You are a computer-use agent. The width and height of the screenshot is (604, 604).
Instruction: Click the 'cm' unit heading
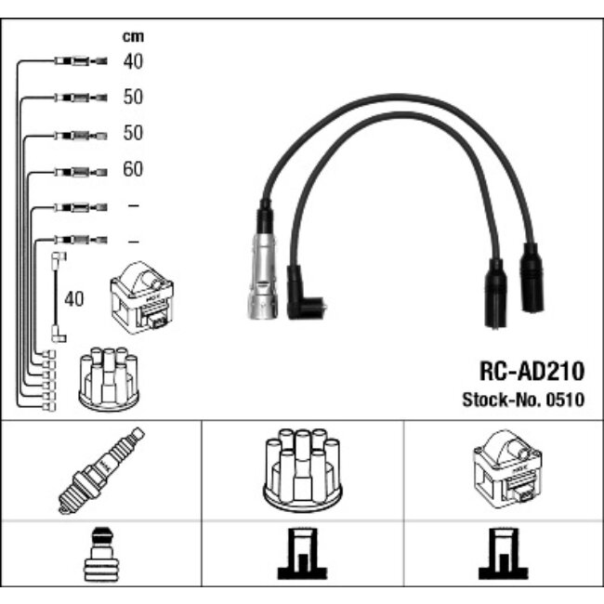pos(133,37)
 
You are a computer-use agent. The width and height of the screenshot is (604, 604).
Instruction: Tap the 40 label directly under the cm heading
pos(133,61)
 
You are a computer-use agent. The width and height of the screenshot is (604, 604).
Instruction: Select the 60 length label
pos(133,170)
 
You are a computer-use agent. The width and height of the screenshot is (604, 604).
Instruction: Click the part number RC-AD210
pos(532,372)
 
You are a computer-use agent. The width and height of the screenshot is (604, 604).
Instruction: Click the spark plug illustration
pos(101,469)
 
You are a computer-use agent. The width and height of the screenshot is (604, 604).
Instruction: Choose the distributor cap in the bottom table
pos(302,470)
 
